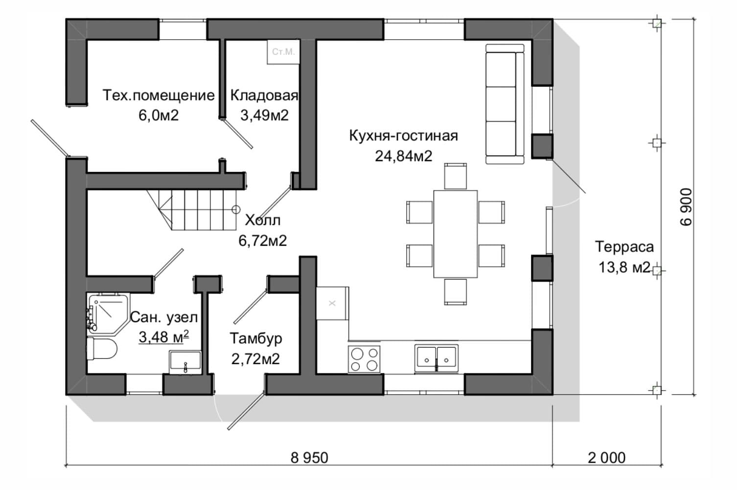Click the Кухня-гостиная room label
pyautogui.click(x=403, y=136)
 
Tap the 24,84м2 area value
pyautogui.click(x=403, y=156)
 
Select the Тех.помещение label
pyautogui.click(x=159, y=95)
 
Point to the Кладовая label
pyautogui.click(x=264, y=95)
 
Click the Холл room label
pyautogui.click(x=263, y=220)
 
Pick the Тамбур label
pyautogui.click(x=256, y=338)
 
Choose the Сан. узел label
pyautogui.click(x=164, y=317)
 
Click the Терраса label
pyautogui.click(x=624, y=247)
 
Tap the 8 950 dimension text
pyautogui.click(x=309, y=458)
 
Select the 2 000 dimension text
pyautogui.click(x=607, y=458)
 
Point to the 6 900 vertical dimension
pyautogui.click(x=686, y=207)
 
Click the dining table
pyautogui.click(x=455, y=234)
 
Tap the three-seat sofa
pyautogui.click(x=505, y=104)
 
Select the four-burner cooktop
pyautogui.click(x=364, y=359)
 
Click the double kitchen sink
pyautogui.click(x=436, y=358)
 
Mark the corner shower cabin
pyautogui.click(x=108, y=314)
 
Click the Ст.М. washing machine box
pyautogui.click(x=283, y=52)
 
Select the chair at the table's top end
pyautogui.click(x=455, y=176)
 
